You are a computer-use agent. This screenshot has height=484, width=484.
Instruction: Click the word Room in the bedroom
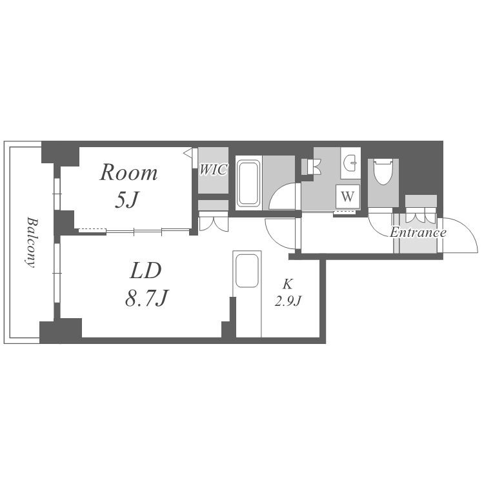click(128, 172)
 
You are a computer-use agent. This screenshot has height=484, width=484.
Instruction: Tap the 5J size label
click(127, 199)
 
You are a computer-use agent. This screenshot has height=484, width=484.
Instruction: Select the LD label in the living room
click(146, 270)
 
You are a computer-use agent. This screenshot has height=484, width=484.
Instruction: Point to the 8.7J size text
click(146, 299)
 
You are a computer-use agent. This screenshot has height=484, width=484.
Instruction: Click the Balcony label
click(31, 242)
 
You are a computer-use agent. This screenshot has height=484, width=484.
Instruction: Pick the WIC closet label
click(214, 170)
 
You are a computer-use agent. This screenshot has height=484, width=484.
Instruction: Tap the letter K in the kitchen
click(288, 284)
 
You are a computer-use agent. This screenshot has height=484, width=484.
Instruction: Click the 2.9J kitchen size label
click(288, 300)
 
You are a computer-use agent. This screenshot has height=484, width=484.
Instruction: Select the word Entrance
click(418, 232)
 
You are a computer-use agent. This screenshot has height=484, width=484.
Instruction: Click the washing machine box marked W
click(348, 196)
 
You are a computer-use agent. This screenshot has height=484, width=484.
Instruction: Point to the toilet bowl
click(383, 172)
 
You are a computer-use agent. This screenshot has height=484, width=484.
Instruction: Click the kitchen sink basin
click(247, 270)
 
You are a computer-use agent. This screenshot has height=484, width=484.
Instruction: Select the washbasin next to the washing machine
click(351, 162)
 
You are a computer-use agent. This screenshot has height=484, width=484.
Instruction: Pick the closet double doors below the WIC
click(214, 221)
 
